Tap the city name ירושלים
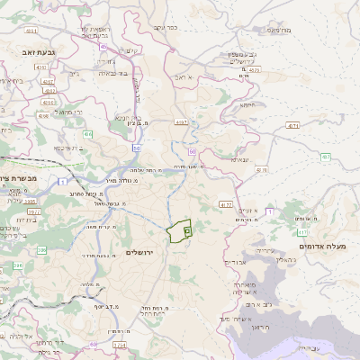140,252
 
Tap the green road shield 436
88,134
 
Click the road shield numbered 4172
225,205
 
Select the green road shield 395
16,266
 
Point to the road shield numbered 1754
120,344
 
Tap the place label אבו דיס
236,262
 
